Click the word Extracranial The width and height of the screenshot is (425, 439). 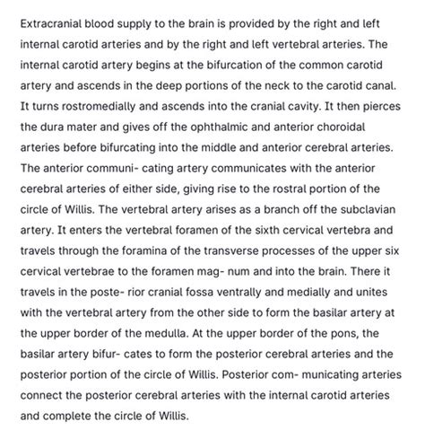(55, 21)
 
